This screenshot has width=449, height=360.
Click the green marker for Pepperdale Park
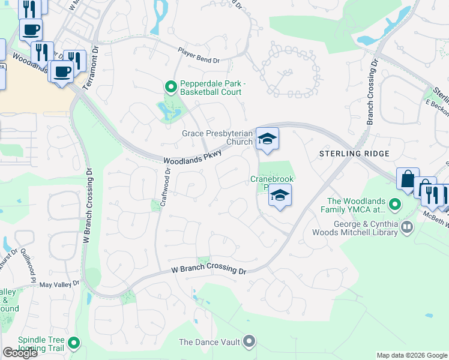[x=170, y=88]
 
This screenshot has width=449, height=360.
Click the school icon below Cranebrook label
[x=279, y=195]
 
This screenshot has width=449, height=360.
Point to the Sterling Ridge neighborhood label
[x=354, y=154]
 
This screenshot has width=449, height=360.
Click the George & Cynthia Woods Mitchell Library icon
[x=408, y=227]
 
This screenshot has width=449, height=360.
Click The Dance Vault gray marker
[x=250, y=343]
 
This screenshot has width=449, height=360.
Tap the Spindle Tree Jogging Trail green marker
[x=74, y=343]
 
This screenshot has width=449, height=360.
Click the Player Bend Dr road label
[x=199, y=56]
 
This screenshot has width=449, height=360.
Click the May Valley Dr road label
[x=59, y=284]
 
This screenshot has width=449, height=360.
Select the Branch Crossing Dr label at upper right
[x=370, y=91]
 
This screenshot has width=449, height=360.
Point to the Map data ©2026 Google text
[x=411, y=355]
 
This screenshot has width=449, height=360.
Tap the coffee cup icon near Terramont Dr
[x=61, y=72]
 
